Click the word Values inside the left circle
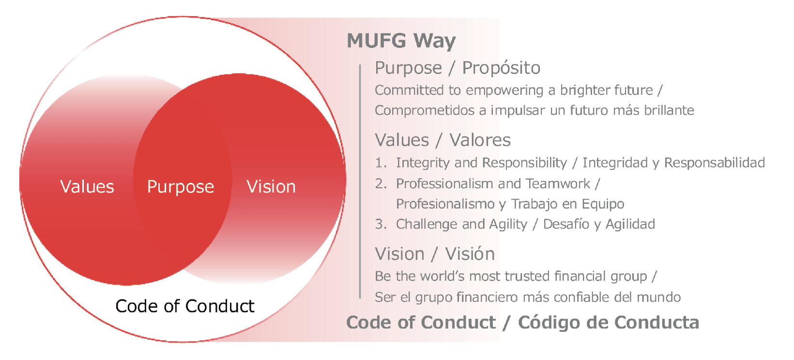pyautogui.click(x=87, y=187)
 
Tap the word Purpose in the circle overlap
pyautogui.click(x=181, y=187)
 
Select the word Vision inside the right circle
pyautogui.click(x=271, y=187)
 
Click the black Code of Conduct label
pyautogui.click(x=185, y=306)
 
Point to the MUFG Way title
pyautogui.click(x=401, y=41)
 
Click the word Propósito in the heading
pyautogui.click(x=501, y=68)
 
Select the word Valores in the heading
pyautogui.click(x=480, y=140)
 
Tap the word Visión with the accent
pyautogui.click(x=470, y=254)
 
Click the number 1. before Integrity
pyautogui.click(x=381, y=163)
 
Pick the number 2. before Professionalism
pyautogui.click(x=381, y=184)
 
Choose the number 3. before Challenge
pyautogui.click(x=381, y=224)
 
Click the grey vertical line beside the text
pyautogui.click(x=360, y=181)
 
